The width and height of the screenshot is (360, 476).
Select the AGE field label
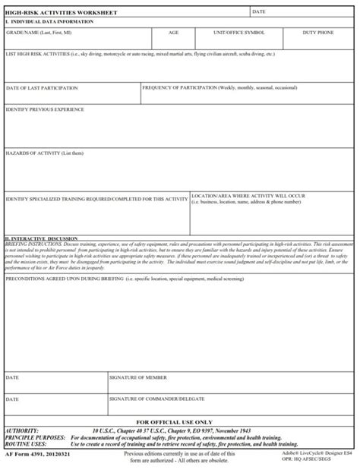174,33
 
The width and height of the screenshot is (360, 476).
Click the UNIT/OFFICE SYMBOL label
239,33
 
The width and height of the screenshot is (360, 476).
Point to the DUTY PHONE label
317,33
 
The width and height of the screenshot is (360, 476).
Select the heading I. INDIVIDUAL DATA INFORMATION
49,21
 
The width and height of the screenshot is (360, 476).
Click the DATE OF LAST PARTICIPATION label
42,88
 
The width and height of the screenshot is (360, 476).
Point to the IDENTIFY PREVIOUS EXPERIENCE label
45,109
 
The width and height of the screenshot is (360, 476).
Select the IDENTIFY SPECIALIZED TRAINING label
96,199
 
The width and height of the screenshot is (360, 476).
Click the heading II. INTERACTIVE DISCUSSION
41,238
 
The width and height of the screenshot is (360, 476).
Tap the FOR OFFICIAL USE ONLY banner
174,421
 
